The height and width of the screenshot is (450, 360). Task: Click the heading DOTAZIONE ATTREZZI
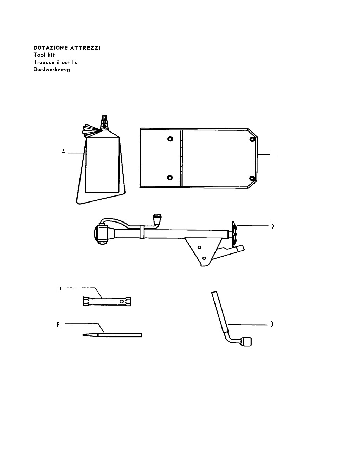pyautogui.click(x=67, y=48)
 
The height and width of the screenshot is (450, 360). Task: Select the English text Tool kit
pyautogui.click(x=44, y=55)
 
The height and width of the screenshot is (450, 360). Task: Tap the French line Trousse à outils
pyautogui.click(x=55, y=62)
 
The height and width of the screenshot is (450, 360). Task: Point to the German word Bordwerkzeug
pyautogui.click(x=52, y=69)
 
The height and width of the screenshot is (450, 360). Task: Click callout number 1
pyautogui.click(x=278, y=155)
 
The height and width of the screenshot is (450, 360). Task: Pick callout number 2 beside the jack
pyautogui.click(x=273, y=226)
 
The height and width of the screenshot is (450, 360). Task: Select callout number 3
pyautogui.click(x=272, y=324)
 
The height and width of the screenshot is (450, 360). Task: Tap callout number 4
pyautogui.click(x=63, y=152)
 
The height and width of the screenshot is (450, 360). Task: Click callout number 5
pyautogui.click(x=60, y=288)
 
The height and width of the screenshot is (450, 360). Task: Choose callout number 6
pyautogui.click(x=58, y=325)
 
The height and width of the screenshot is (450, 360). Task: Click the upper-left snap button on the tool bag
pyautogui.click(x=170, y=139)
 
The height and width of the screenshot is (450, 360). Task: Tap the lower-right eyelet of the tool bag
pyautogui.click(x=252, y=178)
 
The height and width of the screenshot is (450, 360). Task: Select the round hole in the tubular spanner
pyautogui.click(x=122, y=302)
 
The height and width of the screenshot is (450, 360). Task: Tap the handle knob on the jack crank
pyautogui.click(x=157, y=219)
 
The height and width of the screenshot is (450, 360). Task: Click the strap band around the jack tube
pyautogui.click(x=142, y=232)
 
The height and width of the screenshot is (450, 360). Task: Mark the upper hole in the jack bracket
pyautogui.click(x=199, y=247)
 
